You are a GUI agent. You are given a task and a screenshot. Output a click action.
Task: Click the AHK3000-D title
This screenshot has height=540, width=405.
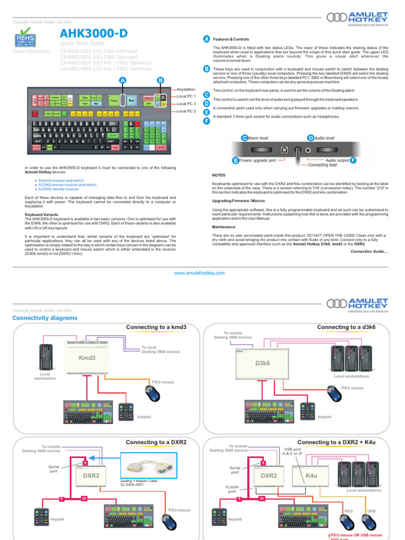pyautogui.click(x=94, y=34)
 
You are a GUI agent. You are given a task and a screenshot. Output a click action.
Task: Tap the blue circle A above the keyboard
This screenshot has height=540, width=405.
pyautogui.click(x=123, y=80)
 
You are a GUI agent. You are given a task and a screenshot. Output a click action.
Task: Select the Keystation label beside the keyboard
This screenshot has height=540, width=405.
pyautogui.click(x=186, y=90)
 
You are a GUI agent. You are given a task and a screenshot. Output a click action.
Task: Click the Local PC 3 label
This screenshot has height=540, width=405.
pyautogui.click(x=186, y=104)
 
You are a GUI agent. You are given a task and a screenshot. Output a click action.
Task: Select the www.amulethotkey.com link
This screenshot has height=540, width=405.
pyautogui.click(x=199, y=273)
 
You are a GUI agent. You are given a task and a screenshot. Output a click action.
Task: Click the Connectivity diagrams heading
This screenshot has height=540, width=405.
pyautogui.click(x=44, y=318)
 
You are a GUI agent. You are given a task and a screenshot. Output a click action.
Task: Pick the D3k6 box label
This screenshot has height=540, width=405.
pyautogui.click(x=262, y=363)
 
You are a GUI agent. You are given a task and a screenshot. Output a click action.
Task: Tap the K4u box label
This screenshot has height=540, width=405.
pyautogui.click(x=311, y=476)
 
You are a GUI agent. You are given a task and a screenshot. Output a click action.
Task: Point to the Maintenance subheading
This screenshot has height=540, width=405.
pyautogui.click(x=224, y=227)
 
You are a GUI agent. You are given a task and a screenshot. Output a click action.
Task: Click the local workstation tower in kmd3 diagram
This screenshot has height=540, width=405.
pyautogui.click(x=45, y=354)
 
